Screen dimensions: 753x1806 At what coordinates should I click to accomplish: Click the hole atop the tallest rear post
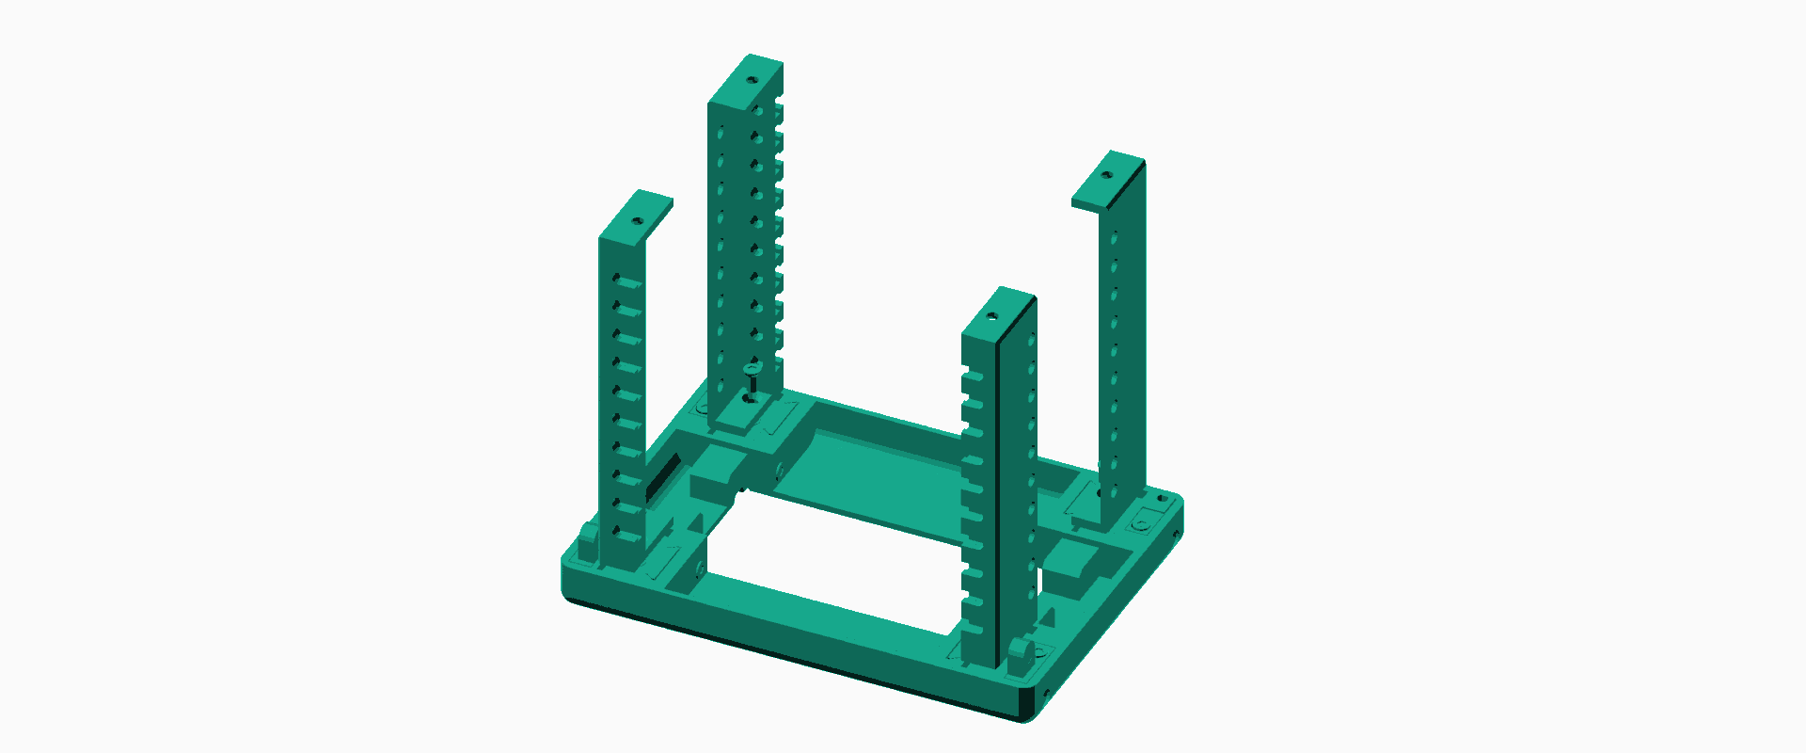point(752,79)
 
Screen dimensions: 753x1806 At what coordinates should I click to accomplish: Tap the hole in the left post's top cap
point(637,221)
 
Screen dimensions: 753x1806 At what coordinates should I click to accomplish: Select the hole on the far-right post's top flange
point(1106,175)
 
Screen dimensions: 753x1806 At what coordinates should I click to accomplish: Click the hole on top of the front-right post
point(992,316)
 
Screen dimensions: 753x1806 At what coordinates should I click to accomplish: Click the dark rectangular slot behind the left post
point(662,476)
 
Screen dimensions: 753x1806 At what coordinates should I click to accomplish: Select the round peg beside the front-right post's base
point(1019,653)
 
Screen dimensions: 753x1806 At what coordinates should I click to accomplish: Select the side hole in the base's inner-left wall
point(779,468)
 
